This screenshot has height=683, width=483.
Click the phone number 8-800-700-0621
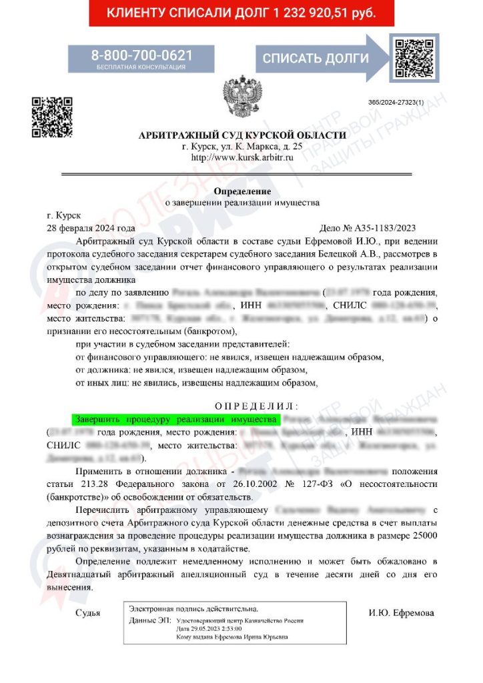[x=141, y=55]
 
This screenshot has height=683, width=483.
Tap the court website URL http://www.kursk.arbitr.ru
[x=242, y=158]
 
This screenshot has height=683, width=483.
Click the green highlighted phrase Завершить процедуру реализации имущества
[x=175, y=419]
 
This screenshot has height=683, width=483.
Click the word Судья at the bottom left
[x=88, y=613]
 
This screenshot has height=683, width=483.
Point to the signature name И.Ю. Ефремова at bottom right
[x=401, y=613]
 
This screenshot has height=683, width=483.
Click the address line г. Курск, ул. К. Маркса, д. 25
[x=242, y=147]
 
